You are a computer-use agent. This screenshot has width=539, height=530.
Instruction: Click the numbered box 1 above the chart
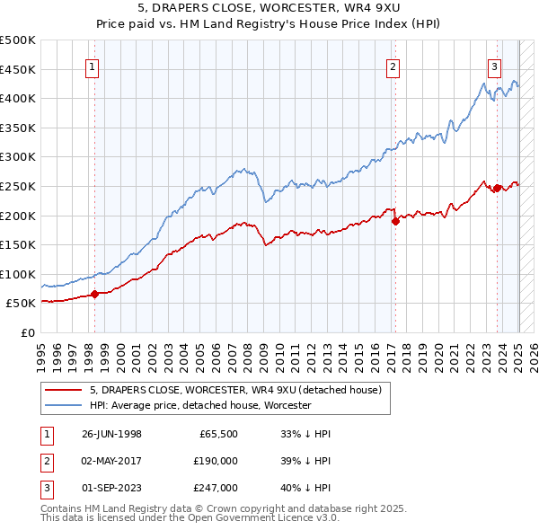(x=93, y=66)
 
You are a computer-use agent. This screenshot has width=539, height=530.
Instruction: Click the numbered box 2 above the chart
(x=393, y=66)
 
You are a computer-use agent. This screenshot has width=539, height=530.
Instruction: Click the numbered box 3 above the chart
(x=495, y=66)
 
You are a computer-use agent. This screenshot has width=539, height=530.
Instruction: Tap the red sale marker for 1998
(x=94, y=293)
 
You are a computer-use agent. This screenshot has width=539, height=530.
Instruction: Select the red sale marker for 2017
(x=395, y=221)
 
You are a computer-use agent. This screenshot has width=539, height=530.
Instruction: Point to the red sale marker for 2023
(x=497, y=188)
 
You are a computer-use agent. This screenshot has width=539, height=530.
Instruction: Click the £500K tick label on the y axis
(x=18, y=40)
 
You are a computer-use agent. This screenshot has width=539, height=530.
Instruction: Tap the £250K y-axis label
(x=18, y=186)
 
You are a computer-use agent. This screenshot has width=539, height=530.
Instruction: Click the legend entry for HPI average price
(x=200, y=405)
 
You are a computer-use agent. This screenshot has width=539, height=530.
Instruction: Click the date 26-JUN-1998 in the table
(x=111, y=433)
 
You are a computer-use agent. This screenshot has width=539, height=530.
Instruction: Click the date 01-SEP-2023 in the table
(x=111, y=488)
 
